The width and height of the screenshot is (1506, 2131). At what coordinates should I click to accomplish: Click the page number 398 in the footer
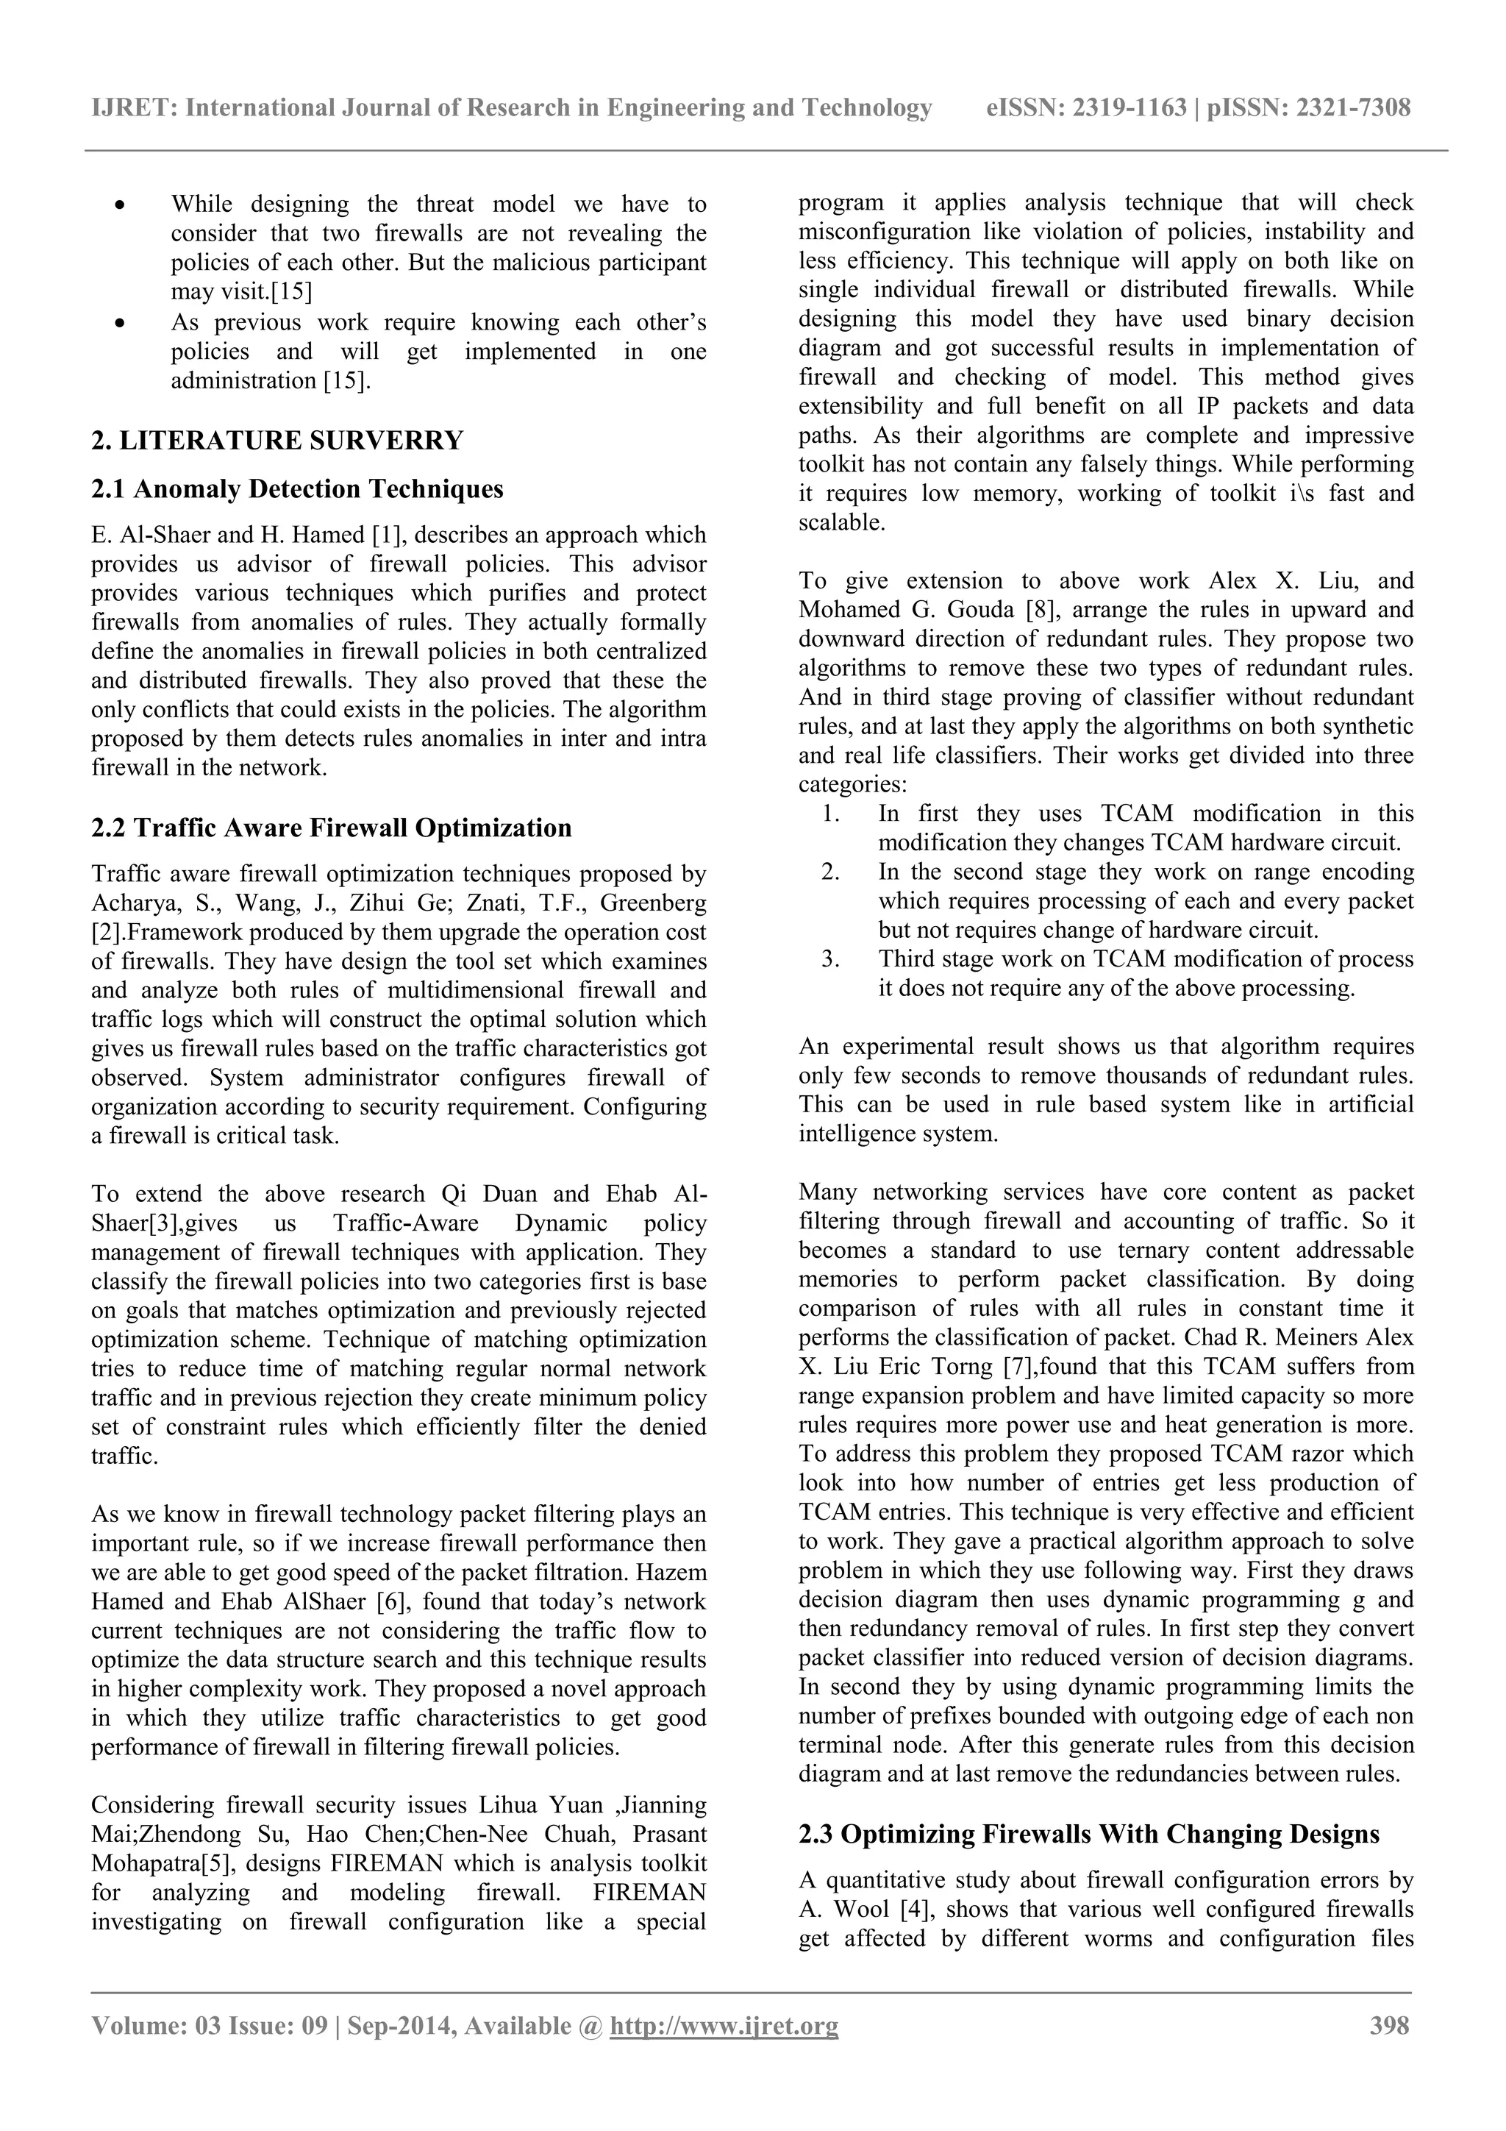(x=1389, y=2025)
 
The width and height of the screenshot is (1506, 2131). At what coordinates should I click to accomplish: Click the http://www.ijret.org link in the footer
(x=724, y=2025)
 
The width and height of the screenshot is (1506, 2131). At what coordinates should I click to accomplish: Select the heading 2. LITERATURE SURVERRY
(x=276, y=440)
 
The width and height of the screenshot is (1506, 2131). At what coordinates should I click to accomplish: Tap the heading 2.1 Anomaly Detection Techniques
(x=297, y=488)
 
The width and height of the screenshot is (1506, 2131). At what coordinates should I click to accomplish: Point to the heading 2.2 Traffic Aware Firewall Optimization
(x=331, y=827)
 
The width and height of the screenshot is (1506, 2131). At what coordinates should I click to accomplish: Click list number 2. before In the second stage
(x=830, y=872)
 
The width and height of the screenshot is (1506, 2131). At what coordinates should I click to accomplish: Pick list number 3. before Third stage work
(x=830, y=958)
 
